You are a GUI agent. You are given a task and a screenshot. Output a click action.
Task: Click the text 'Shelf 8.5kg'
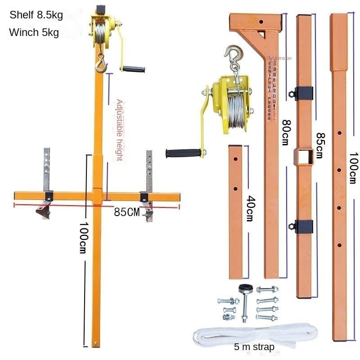coord(36,15)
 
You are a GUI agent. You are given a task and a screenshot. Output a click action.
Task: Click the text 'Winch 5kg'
coord(34,33)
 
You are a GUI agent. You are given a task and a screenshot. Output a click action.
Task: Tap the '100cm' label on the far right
coord(353,166)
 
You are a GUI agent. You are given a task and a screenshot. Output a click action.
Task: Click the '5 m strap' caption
coord(254,347)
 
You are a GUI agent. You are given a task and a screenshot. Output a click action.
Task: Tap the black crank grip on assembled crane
coord(134,70)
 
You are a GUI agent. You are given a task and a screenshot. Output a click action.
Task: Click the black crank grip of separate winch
coord(182,153)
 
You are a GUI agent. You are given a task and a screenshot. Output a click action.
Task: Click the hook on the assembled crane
coord(101,66)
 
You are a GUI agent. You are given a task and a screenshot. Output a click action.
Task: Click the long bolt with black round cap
coord(245,301)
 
